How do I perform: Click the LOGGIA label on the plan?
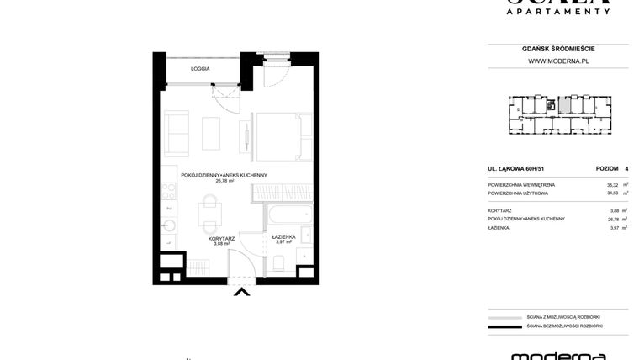coord(200,68)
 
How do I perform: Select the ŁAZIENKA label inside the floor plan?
coord(284,237)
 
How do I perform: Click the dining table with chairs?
coord(209,215)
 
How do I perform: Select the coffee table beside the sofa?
coord(210,133)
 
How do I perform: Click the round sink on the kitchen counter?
coord(169,225)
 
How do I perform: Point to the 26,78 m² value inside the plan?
coord(224,180)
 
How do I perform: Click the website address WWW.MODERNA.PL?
coord(557,61)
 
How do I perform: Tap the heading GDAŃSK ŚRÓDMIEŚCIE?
coord(557,50)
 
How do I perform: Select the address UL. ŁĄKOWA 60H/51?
coord(516,168)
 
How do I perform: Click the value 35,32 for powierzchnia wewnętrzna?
coord(589,184)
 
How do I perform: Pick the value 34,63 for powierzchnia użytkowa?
coord(589,193)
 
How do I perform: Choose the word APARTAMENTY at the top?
coord(557,11)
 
